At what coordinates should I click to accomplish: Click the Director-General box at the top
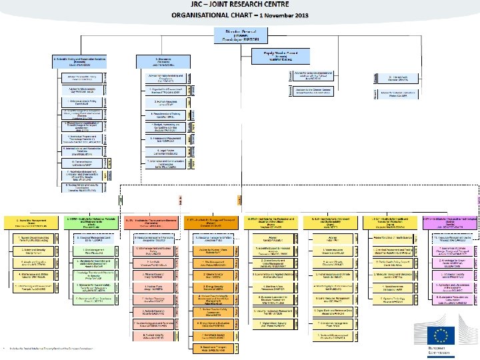click(x=240, y=35)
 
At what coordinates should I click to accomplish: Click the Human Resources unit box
click(x=155, y=103)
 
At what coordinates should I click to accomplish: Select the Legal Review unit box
click(x=155, y=152)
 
